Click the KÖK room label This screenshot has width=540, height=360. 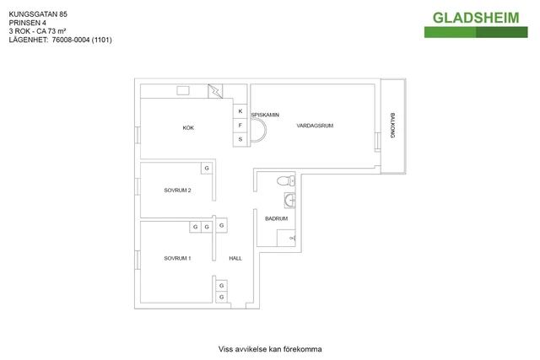188,128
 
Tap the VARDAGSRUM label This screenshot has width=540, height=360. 316,126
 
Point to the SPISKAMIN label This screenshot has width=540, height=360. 265,115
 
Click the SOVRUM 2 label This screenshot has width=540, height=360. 177,191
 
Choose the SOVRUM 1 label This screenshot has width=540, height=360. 177,258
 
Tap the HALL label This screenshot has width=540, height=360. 235,258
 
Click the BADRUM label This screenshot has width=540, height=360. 276,218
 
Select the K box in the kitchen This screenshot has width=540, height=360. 240,111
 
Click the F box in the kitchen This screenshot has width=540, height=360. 240,125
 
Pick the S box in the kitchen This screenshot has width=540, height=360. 240,138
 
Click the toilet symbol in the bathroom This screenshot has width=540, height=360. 284,180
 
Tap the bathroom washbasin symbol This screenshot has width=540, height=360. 289,199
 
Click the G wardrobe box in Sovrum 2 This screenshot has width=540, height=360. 206,169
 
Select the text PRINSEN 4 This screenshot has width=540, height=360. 27,23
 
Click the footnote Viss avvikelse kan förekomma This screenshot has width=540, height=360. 270,348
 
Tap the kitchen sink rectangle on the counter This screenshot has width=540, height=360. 183,91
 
